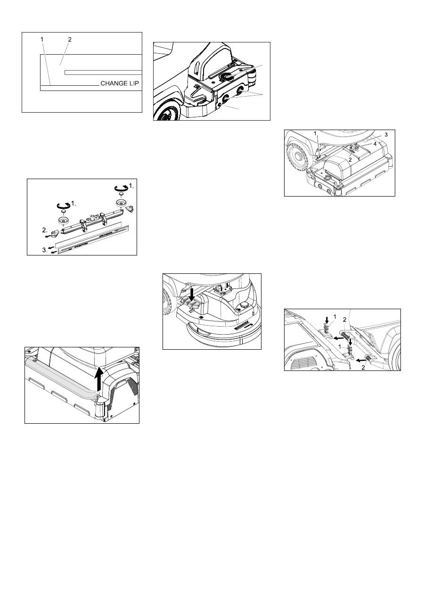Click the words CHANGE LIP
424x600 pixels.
[x=120, y=83]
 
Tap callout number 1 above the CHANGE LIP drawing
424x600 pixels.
[x=42, y=40]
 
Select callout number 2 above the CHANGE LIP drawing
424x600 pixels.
[x=70, y=40]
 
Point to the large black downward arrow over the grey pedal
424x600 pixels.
[x=192, y=296]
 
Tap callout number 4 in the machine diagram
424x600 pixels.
[x=375, y=144]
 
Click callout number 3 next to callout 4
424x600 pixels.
[x=386, y=135]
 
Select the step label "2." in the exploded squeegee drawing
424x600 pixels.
[x=45, y=230]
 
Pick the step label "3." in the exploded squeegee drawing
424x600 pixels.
[x=45, y=250]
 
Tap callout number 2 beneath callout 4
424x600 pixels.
[x=350, y=160]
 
